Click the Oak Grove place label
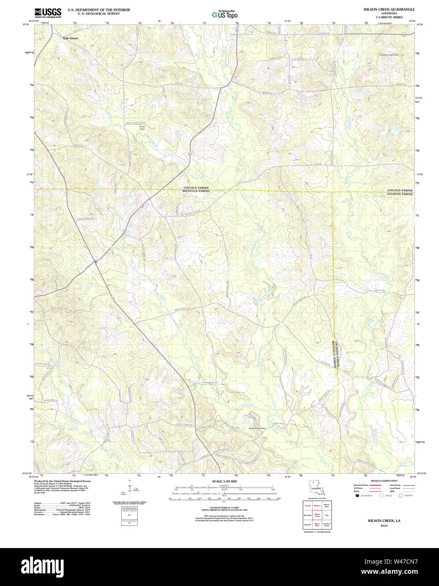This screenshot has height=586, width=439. coord(70,38)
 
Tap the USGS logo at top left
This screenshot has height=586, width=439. coord(48,13)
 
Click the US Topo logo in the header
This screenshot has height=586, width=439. coord(225,15)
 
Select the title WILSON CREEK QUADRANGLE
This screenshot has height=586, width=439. coord(389,9)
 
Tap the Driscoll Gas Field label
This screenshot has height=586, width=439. coord(256,428)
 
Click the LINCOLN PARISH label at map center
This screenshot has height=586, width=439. coord(196,188)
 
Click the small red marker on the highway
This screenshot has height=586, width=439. coord(96,262)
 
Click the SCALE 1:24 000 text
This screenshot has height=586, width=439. coord(225,481)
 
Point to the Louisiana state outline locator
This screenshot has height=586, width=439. coord(316,487)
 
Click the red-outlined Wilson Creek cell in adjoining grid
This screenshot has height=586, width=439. coord(317,515)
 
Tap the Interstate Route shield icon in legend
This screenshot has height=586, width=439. coord(357,496)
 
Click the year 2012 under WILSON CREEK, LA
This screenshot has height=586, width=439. coord(384,526)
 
